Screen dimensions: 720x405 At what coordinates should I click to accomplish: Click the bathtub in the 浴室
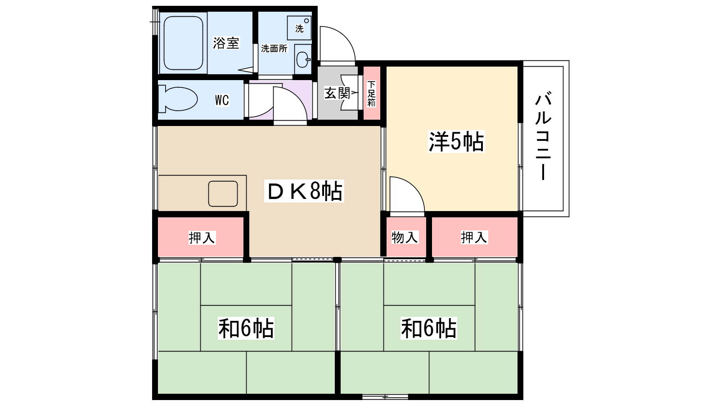pos(183,43)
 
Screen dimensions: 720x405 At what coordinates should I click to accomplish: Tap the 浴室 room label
pos(226,43)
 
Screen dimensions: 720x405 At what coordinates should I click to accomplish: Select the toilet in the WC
pos(177,99)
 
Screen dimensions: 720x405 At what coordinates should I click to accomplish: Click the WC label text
pos(222,100)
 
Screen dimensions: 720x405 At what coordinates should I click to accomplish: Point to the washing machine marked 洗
pos(299,27)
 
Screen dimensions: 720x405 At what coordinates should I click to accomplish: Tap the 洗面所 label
pos(274,49)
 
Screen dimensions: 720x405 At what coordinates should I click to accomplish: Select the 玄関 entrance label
pos(337,93)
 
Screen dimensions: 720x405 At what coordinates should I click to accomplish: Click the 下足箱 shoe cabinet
pos(372,93)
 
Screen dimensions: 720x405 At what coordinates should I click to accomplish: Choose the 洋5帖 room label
pos(456,141)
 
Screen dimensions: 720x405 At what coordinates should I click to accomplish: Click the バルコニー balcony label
pos(543,135)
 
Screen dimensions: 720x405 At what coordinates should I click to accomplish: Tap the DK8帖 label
pos(304,191)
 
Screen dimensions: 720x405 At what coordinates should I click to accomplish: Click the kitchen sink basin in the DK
pos(223,194)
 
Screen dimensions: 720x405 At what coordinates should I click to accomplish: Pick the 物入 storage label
pos(405,238)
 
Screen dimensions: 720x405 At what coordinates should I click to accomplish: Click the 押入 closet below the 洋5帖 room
pos(474,237)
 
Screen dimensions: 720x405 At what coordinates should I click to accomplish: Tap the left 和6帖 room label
pos(246,328)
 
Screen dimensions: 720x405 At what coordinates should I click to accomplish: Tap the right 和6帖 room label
pos(428,328)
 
